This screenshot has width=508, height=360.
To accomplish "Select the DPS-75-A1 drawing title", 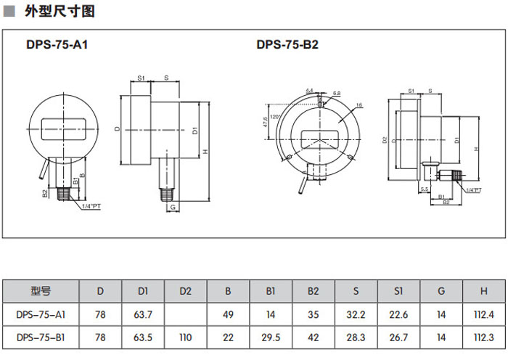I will pos(57,44).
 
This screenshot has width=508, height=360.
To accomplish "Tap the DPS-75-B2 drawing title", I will pos(287,44).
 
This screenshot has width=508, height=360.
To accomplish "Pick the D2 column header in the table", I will pos(185,292).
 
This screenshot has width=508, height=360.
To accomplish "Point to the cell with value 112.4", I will pos(483,314).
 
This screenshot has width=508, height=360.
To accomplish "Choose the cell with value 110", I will pos(185,337).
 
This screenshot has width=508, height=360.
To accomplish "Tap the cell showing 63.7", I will pos(143,314).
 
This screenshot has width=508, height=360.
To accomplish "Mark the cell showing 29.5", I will pos(271,337).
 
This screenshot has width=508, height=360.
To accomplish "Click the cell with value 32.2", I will pos(356,314).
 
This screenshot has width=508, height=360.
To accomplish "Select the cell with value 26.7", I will pos(398,337).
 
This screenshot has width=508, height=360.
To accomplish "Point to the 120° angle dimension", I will pos(274,116).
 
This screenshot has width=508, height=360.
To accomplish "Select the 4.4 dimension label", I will pos(310,90).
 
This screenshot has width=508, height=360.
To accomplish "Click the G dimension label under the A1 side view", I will pos(173,208).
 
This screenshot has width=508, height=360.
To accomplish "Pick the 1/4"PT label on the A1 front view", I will pos(92,207).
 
